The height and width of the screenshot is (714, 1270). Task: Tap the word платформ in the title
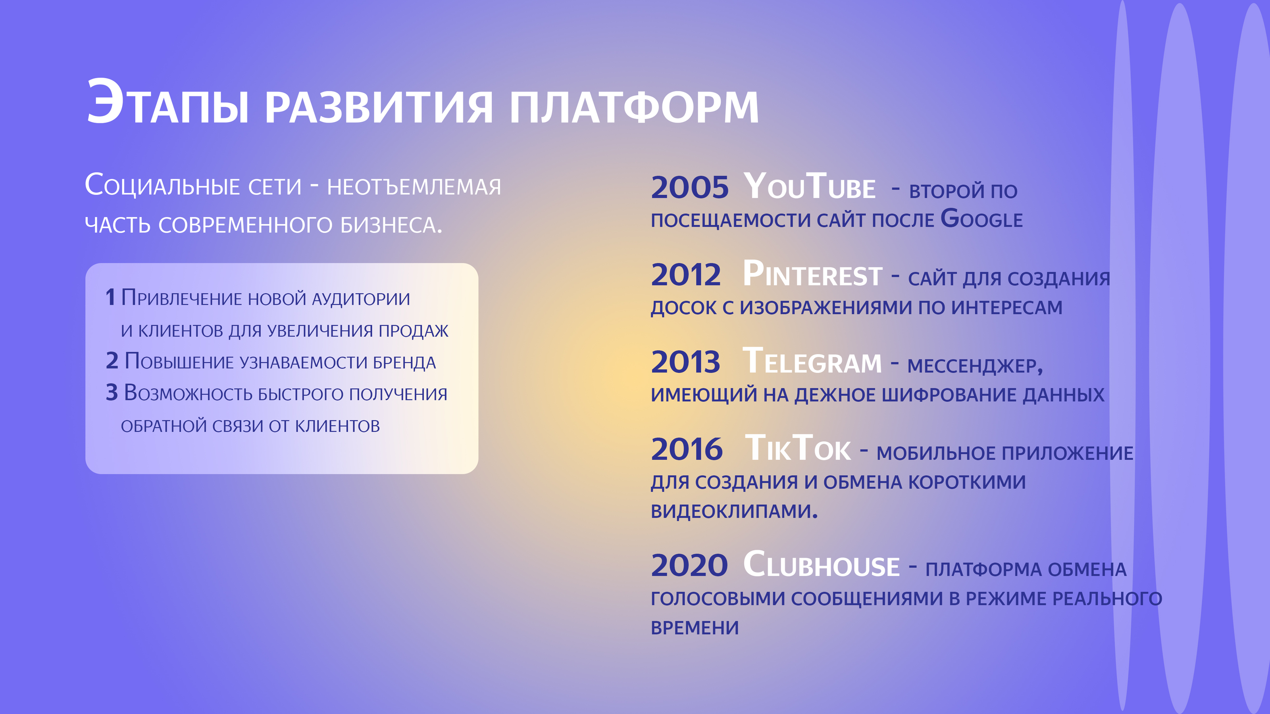click(633, 107)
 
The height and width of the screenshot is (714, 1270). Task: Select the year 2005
click(689, 188)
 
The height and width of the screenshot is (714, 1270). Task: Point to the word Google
click(981, 219)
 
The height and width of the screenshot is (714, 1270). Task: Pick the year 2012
click(686, 275)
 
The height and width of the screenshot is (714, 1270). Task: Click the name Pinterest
click(812, 274)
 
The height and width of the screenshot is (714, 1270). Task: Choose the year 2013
click(685, 362)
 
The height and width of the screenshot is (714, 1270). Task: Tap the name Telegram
click(812, 362)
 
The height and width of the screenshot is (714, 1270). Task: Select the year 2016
click(686, 449)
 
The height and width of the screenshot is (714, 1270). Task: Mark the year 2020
click(689, 565)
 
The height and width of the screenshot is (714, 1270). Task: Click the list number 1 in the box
click(110, 297)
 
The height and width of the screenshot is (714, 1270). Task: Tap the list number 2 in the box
click(112, 361)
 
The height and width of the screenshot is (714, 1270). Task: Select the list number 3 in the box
click(112, 393)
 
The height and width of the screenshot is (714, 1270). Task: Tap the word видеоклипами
click(733, 511)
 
